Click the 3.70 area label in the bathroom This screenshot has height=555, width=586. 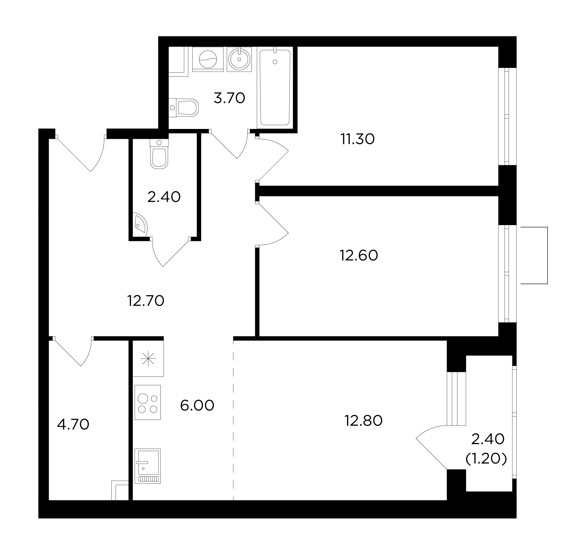(x=229, y=98)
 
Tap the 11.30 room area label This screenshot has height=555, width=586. (x=358, y=139)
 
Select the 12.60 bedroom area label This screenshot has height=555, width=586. (x=359, y=255)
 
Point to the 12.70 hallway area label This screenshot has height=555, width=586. (x=146, y=301)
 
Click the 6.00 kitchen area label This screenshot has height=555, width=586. (x=197, y=405)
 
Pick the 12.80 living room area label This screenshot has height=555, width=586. (x=364, y=421)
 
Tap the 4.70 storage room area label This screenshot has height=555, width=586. (x=73, y=424)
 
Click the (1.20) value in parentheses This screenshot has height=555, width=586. (x=486, y=459)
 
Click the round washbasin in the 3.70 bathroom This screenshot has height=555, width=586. (x=239, y=59)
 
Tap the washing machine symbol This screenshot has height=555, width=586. (x=208, y=59)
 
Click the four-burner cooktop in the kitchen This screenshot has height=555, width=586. (x=148, y=402)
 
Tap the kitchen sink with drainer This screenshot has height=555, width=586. (x=148, y=466)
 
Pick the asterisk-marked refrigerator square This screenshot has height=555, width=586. (x=148, y=359)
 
